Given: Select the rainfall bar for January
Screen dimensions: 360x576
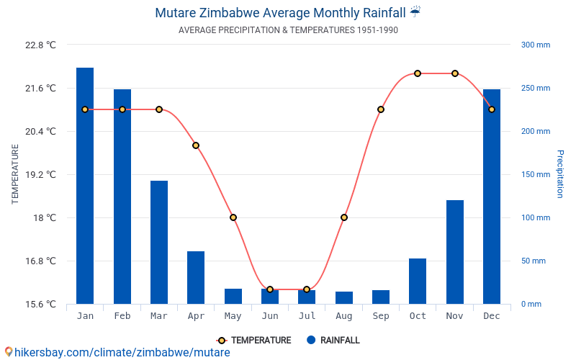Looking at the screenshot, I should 85,186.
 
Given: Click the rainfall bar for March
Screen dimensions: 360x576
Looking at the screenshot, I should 159,242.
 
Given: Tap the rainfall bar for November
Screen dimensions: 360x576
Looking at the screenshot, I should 455,252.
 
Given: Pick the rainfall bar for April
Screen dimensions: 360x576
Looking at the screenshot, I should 196,277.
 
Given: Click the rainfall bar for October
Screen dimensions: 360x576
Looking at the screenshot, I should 418,281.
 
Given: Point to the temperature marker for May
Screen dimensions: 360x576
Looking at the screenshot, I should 233,217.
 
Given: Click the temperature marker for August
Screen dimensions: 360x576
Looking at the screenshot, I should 344,217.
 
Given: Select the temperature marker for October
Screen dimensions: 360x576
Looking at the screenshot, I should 418,73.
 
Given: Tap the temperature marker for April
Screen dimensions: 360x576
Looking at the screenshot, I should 196,145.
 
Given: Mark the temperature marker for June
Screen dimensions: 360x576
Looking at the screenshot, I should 270,289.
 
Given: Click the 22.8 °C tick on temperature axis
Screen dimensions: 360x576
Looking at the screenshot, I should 40,45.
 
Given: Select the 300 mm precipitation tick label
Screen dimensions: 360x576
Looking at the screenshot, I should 535,45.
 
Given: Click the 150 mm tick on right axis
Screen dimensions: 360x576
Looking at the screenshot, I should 535,174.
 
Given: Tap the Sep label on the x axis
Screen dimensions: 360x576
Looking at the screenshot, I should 381,316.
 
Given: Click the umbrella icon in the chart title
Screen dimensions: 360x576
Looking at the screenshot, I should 415,12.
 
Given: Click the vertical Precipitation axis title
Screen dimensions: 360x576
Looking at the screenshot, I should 560,174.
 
